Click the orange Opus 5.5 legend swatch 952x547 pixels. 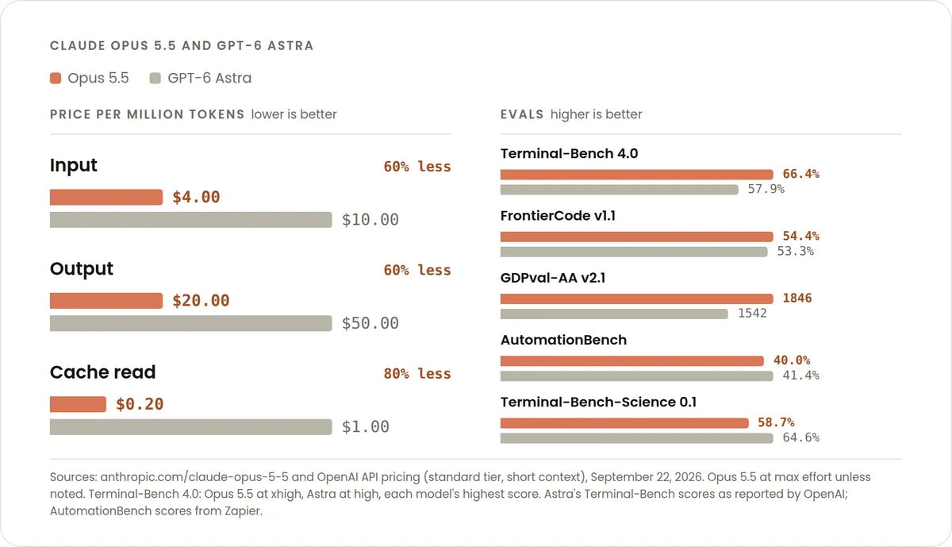(56, 79)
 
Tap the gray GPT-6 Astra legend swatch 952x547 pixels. (155, 79)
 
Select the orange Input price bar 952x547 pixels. (106, 198)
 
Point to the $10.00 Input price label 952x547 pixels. (370, 220)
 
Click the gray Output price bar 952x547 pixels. (191, 323)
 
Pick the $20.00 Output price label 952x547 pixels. (201, 301)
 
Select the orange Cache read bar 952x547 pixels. (78, 404)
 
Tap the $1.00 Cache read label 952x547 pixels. (366, 426)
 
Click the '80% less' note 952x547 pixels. (417, 374)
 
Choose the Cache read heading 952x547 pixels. (103, 372)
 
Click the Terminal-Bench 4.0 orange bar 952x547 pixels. (636, 175)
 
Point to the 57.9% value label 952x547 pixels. (766, 189)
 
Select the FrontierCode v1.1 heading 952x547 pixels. (558, 216)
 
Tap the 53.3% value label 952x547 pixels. (795, 252)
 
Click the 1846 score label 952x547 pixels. (797, 299)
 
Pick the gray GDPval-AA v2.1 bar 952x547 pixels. (614, 314)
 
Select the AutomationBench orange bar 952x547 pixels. (632, 360)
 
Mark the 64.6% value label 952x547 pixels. (800, 437)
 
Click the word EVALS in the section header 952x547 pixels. (522, 114)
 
